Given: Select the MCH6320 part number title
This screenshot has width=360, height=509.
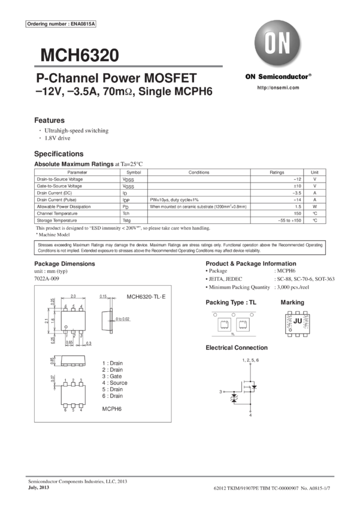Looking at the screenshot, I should click(80, 56).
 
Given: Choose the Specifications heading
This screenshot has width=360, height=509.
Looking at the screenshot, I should click(59, 154).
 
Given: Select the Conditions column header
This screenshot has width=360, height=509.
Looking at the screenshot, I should click(198, 172).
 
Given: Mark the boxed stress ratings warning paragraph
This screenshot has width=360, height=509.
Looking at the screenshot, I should click(180, 248).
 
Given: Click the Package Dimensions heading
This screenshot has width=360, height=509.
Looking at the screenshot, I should click(65, 264).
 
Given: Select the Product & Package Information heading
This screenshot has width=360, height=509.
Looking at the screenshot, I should click(250, 264).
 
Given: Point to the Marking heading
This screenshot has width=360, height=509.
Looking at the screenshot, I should click(292, 302).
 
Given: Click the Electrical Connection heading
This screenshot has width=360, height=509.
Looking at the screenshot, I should click(237, 348).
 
